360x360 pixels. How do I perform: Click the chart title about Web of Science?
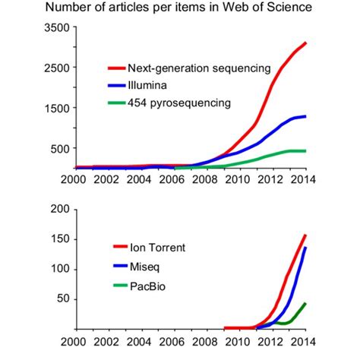180,9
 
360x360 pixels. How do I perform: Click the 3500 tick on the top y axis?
57,27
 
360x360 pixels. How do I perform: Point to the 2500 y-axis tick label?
57,68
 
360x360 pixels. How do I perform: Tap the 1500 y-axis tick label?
57,108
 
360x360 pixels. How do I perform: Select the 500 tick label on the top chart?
60,148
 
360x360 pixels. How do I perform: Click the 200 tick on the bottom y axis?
60,209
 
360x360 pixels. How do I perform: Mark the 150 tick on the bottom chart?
60,238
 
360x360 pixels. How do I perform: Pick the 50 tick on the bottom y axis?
63,298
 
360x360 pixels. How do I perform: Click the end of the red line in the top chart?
306,43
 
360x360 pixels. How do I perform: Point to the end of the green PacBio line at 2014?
305,303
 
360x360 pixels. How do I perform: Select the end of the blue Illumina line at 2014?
306,116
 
